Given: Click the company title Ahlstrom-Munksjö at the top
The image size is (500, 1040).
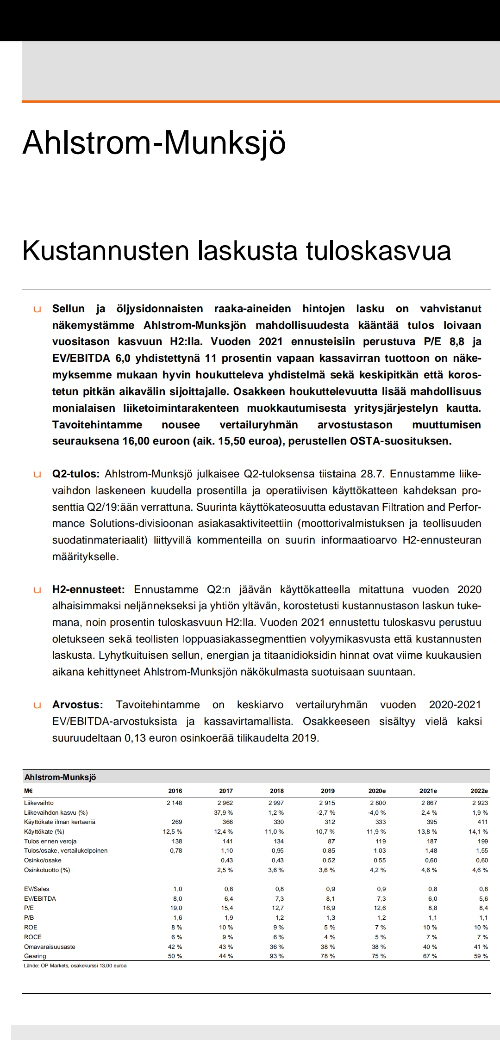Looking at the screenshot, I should [154, 142].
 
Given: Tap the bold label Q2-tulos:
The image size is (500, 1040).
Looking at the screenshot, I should [75, 474].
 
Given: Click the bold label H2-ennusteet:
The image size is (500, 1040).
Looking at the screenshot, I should [88, 589].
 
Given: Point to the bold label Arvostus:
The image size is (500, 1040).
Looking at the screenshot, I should [77, 705].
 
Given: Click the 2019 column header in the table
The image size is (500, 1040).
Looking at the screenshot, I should [328, 791].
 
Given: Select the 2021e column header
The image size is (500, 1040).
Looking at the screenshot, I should [428, 791].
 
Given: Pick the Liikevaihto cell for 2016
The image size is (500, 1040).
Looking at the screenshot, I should [175, 803].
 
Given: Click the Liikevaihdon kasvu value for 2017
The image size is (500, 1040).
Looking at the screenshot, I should [223, 812].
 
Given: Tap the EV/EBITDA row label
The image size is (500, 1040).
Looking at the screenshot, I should [40, 898].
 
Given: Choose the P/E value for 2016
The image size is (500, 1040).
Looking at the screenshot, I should [176, 908].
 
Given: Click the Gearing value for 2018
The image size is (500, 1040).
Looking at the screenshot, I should [277, 956].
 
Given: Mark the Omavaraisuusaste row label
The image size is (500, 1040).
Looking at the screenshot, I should [50, 947].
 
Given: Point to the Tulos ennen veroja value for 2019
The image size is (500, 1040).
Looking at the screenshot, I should [330, 841].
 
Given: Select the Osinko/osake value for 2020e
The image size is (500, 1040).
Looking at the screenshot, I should [380, 860].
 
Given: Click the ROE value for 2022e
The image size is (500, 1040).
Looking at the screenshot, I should [481, 927].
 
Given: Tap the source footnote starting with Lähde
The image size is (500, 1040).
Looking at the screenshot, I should [75, 966].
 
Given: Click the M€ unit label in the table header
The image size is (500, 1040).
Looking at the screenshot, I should [28, 791].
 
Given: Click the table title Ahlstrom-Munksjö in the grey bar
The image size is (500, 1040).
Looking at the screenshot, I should [60, 777].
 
